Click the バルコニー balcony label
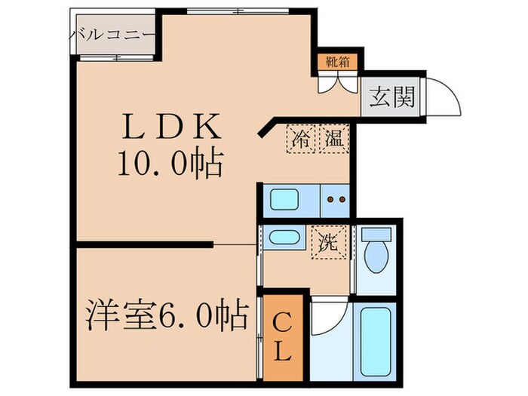click(x=113, y=34)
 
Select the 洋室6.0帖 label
click(x=167, y=315)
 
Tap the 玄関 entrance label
click(x=391, y=97)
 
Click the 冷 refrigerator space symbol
click(x=301, y=139)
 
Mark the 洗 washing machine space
click(x=327, y=243)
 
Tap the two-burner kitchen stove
click(x=334, y=201)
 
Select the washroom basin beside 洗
click(x=283, y=238)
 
